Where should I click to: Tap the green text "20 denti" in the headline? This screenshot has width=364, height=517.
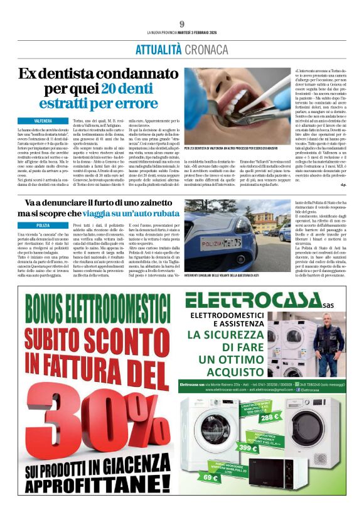128,89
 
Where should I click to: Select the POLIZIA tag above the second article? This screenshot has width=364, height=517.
43,225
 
